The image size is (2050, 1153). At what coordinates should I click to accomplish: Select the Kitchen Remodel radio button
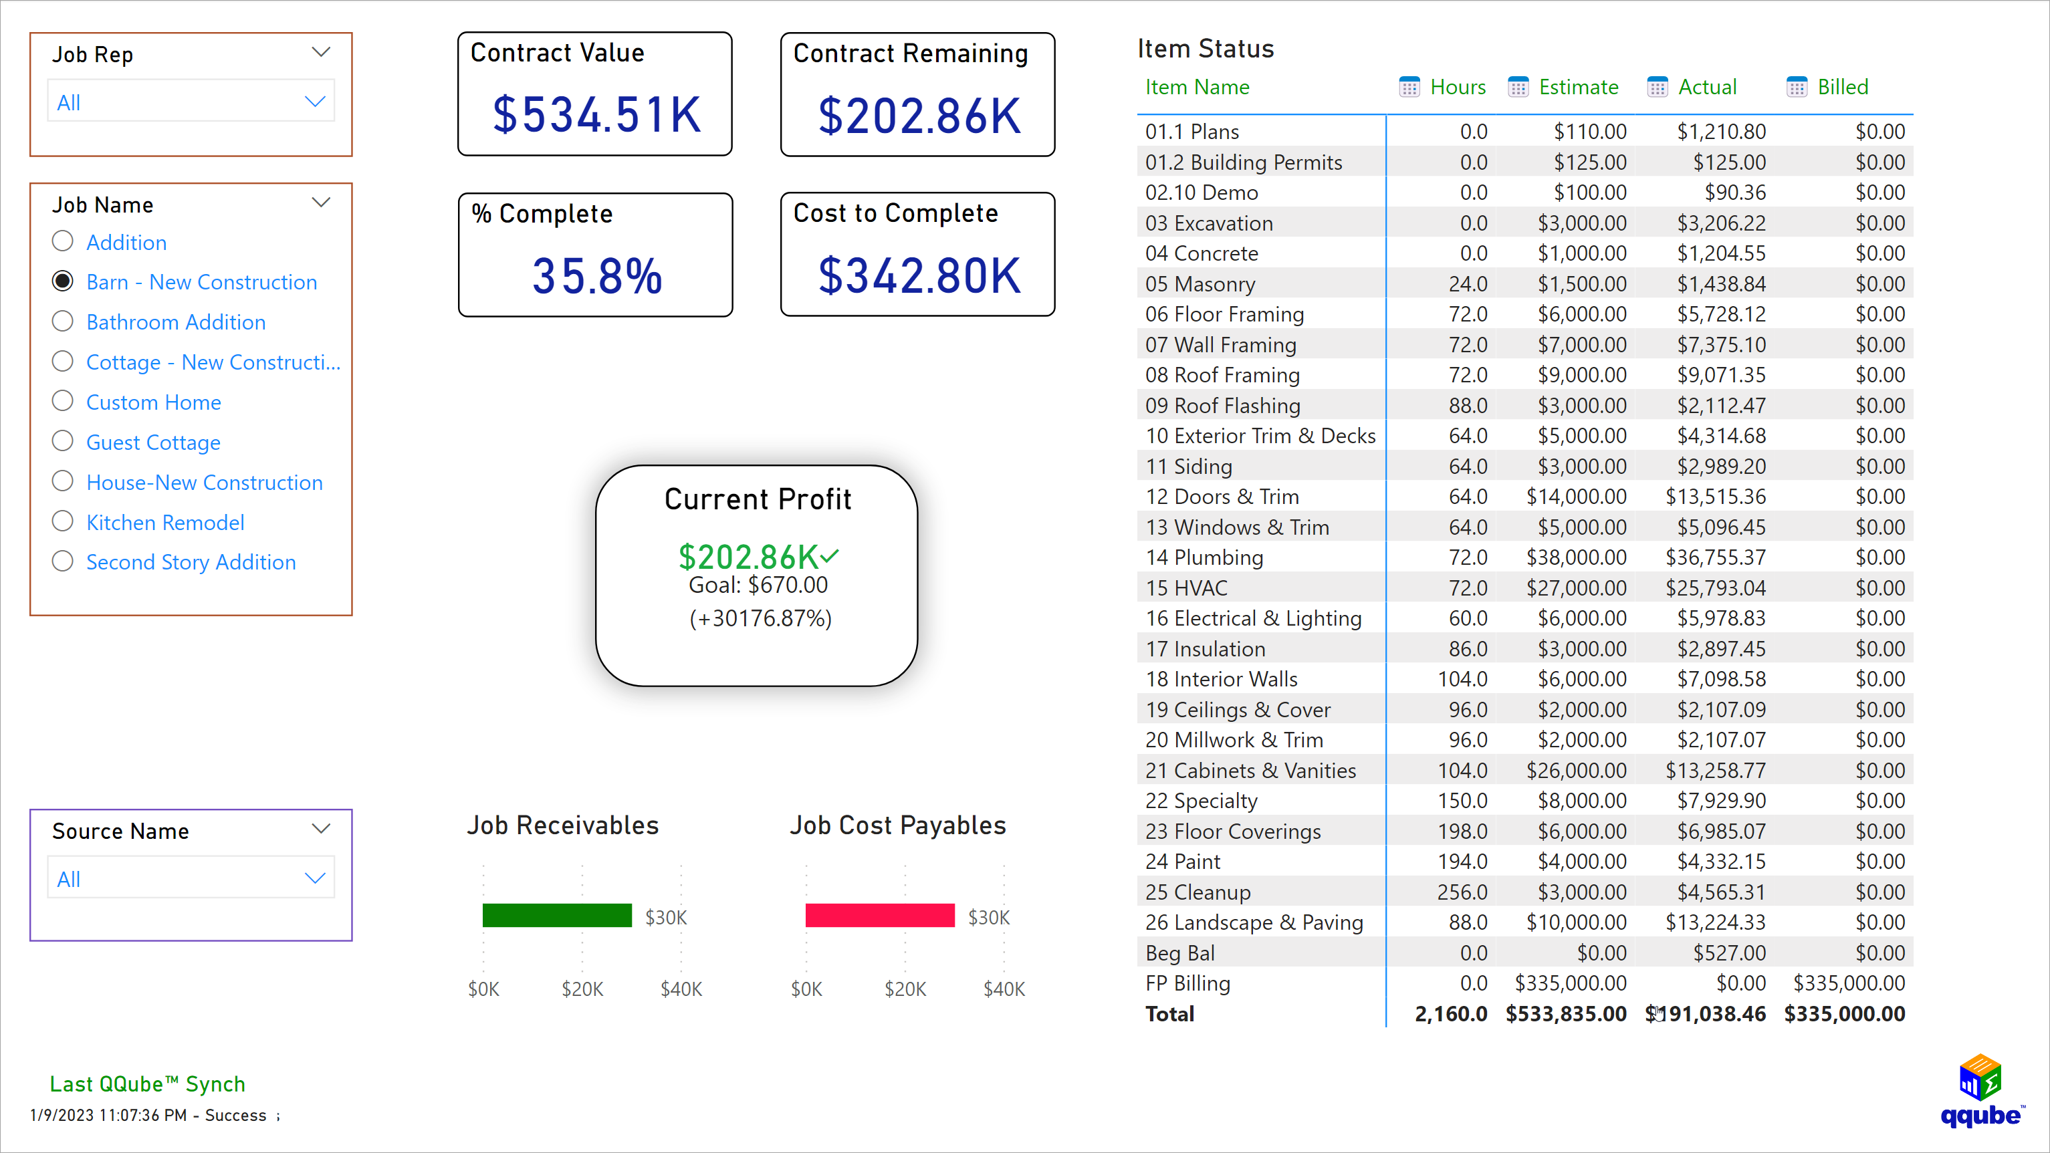click(63, 522)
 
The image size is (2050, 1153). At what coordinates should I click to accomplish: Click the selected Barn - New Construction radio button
click(63, 281)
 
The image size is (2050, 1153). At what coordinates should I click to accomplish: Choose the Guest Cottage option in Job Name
click(63, 442)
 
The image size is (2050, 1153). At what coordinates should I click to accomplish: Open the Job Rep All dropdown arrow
click(315, 102)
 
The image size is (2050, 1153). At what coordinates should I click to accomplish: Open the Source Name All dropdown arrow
click(315, 878)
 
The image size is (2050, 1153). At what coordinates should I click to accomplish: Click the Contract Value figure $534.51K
click(596, 114)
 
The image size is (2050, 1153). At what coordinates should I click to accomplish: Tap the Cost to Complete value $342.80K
click(919, 276)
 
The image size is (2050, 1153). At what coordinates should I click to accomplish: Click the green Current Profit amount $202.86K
click(748, 556)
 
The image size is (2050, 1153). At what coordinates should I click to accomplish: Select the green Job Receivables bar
click(556, 915)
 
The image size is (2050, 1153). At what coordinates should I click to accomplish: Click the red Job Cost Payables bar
click(879, 915)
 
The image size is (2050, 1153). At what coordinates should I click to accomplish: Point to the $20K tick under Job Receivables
click(582, 989)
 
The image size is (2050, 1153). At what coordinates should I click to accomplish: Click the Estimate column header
click(1578, 87)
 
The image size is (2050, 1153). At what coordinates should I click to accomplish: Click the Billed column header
click(1842, 87)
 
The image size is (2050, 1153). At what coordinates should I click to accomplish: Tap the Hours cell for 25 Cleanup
click(1462, 892)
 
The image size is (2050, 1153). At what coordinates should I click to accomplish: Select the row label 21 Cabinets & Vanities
click(1250, 770)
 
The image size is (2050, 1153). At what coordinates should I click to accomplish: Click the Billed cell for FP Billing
click(1848, 983)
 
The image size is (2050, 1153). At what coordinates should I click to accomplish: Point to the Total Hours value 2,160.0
click(1450, 1014)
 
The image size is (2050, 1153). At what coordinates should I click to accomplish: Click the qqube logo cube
click(1979, 1077)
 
